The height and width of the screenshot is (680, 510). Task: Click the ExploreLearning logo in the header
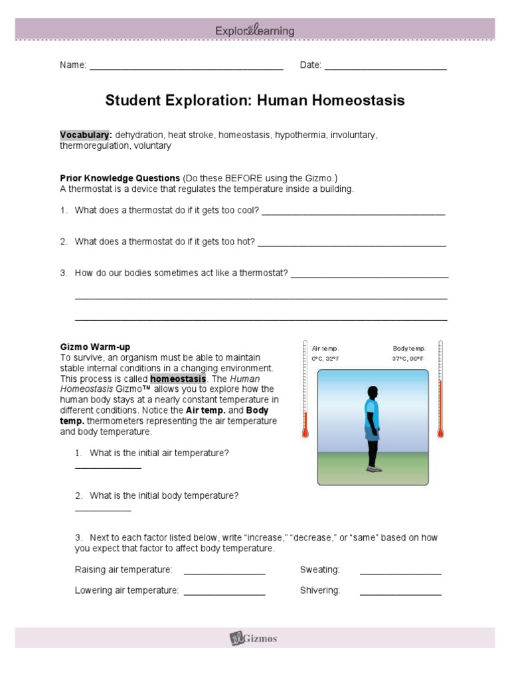coord(255,31)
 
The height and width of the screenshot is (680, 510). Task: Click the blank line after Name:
coord(186,67)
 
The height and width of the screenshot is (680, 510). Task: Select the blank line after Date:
coord(385,67)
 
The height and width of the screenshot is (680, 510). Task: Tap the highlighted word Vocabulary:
coord(86,135)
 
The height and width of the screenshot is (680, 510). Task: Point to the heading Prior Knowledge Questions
coord(120,178)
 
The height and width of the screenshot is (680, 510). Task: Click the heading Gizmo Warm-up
coord(95,347)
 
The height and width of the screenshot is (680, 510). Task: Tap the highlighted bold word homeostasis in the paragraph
coord(178,379)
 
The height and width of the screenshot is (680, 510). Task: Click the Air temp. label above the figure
coord(325,349)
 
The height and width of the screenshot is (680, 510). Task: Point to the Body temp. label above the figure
coord(408,349)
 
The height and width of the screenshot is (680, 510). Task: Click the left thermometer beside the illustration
coord(305,392)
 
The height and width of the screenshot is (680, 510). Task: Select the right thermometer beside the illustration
coord(440,392)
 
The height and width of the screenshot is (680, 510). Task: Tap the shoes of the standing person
coord(375,469)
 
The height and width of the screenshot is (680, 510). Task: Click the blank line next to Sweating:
coord(400,572)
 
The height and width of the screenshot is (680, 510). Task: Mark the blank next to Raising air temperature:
coord(224,572)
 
